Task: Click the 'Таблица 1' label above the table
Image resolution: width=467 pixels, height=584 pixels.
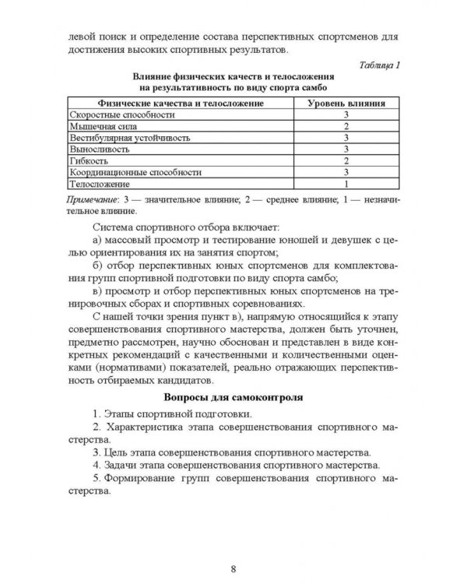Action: click(377, 65)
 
